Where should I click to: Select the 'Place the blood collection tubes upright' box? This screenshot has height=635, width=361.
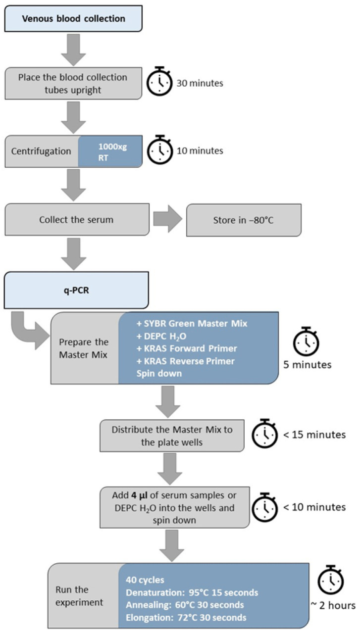tap(72, 83)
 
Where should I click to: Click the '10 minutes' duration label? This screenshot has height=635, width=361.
tap(200, 150)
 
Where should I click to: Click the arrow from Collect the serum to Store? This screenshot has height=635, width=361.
tap(168, 219)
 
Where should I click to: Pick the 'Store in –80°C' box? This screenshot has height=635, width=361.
tap(243, 219)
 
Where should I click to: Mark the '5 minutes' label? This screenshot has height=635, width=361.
tap(307, 365)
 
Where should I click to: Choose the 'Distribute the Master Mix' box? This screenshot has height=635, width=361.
tap(172, 436)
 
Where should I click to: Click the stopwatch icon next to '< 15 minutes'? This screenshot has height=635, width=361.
tap(266, 435)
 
